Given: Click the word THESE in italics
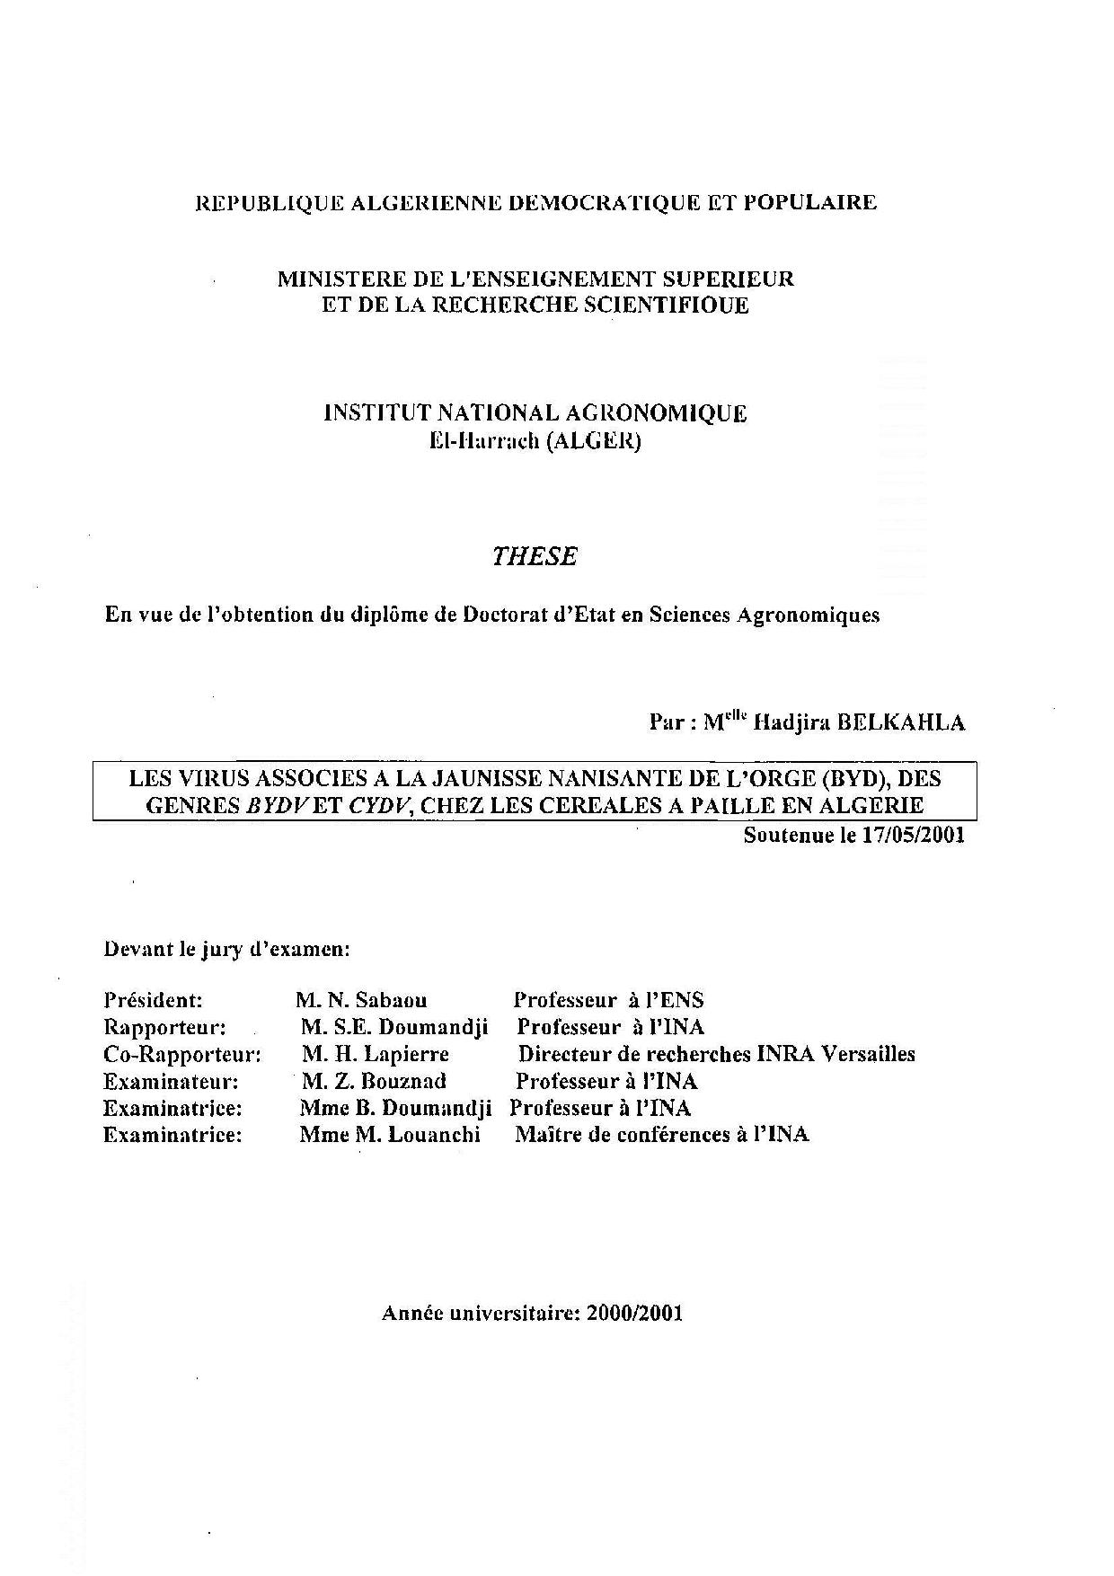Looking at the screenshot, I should [535, 557].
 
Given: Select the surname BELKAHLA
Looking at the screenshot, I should [901, 723].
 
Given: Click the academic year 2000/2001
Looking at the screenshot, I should [634, 1313].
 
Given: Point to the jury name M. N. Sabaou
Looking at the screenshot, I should [361, 1000].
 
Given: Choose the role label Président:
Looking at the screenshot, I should [154, 1000].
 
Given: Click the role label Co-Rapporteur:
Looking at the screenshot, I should [182, 1054].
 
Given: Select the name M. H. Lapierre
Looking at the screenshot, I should [376, 1054].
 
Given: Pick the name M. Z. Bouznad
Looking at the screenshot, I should [374, 1081].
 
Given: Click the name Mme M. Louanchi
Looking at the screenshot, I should [390, 1135].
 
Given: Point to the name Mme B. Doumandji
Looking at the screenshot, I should [395, 1108].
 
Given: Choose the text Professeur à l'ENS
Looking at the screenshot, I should [608, 1000].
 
